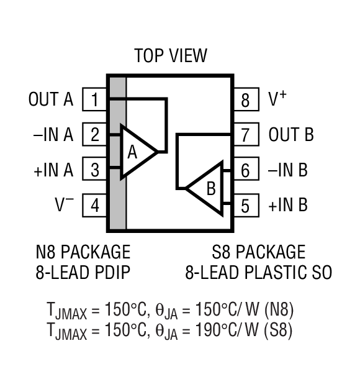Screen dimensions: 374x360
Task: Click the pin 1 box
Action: (x=95, y=99)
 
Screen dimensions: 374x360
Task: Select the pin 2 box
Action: (x=95, y=134)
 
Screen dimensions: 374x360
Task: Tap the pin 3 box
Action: (x=95, y=169)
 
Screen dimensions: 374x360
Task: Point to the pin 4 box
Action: (x=95, y=204)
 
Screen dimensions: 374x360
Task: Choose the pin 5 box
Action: (x=245, y=204)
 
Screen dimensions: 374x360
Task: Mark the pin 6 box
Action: (x=245, y=170)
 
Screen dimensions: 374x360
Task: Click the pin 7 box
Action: (x=245, y=134)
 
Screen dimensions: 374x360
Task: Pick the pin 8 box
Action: (x=245, y=99)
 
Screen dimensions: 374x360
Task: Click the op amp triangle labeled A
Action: (x=135, y=152)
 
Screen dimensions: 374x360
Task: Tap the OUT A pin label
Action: (x=51, y=99)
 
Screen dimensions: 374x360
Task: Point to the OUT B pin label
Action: (x=291, y=134)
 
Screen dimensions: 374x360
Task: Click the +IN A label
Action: (x=53, y=169)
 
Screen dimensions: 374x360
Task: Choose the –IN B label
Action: (x=288, y=170)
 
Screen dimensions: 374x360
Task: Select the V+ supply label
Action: (x=277, y=98)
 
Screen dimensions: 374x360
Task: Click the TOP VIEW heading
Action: (x=171, y=56)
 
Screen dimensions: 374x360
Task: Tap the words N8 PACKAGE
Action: (x=83, y=252)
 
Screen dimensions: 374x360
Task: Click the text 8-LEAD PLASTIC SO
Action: (x=258, y=273)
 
